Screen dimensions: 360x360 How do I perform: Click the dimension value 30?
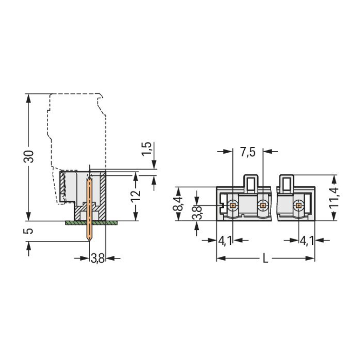(x=29, y=156)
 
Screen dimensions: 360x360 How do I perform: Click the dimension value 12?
(x=135, y=195)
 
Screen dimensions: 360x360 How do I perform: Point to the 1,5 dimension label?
(x=146, y=149)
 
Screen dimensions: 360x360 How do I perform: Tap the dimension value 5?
(x=28, y=231)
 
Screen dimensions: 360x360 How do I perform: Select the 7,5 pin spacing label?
(x=248, y=152)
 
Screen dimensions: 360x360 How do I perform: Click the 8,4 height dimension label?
(x=178, y=204)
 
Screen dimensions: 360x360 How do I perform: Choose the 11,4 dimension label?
(x=334, y=198)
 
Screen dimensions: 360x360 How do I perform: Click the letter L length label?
(x=265, y=259)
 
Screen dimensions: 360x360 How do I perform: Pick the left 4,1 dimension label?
(x=225, y=241)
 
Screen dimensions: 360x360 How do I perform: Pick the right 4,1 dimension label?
(x=307, y=241)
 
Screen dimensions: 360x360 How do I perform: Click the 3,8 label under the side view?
(x=97, y=259)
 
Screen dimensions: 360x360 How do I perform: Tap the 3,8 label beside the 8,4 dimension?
(x=197, y=213)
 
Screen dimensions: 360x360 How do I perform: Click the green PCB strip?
(x=91, y=223)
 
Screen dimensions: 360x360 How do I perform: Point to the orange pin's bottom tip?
(x=89, y=241)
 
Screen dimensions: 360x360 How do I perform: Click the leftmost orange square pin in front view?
(x=233, y=205)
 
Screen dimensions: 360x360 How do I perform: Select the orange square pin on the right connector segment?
(x=299, y=205)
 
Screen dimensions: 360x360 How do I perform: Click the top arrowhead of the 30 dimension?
(x=28, y=98)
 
